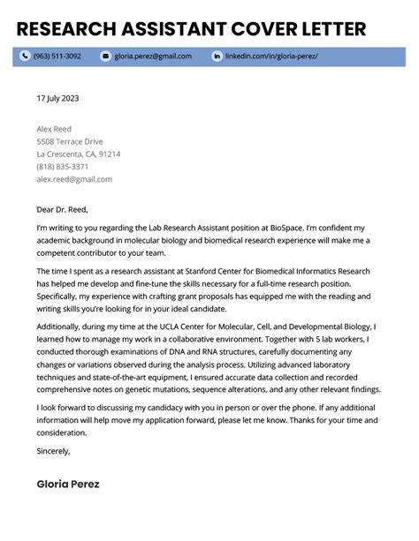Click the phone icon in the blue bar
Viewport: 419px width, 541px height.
[x=25, y=56]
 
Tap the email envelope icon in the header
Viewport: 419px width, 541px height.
[x=106, y=56]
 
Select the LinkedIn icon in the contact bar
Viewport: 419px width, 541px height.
[x=217, y=56]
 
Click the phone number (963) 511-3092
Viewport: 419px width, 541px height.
[x=57, y=56]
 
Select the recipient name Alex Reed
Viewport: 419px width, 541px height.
[x=55, y=129]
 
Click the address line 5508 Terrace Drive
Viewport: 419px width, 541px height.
[x=70, y=141]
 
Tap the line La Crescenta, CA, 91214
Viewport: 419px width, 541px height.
[x=79, y=154]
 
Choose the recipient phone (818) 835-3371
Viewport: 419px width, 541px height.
[x=62, y=166]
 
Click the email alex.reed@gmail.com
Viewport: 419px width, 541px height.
[x=74, y=178]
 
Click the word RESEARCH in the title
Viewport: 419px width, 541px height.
[x=69, y=29]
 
